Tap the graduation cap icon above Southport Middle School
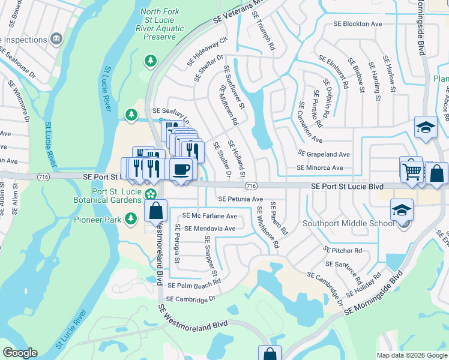pyautogui.click(x=402, y=210)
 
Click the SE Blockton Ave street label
pyautogui.click(x=358, y=24)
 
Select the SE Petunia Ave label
pyautogui.click(x=240, y=199)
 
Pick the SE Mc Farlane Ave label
pyautogui.click(x=209, y=215)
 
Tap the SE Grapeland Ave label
pyautogui.click(x=324, y=154)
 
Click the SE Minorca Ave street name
pyautogui.click(x=320, y=168)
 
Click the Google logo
pyautogui.click(x=20, y=353)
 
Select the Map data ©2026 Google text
pyautogui.click(x=411, y=355)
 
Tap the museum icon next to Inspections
pyautogui.click(x=57, y=39)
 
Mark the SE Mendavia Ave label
pyautogui.click(x=209, y=229)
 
